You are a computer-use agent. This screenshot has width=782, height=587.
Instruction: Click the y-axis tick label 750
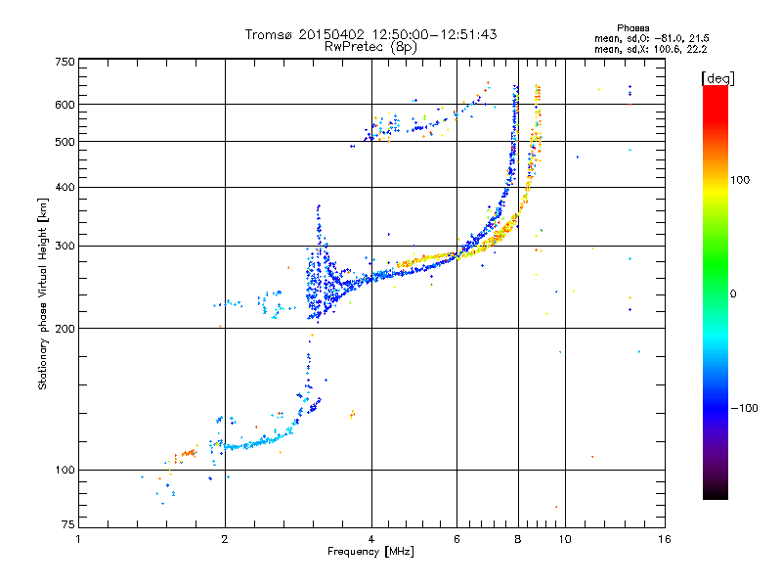(x=65, y=61)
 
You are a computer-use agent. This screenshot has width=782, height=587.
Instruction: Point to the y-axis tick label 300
(x=65, y=246)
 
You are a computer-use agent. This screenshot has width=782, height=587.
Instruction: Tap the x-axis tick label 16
(x=664, y=539)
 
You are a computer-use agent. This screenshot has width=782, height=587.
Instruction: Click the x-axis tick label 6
(x=456, y=539)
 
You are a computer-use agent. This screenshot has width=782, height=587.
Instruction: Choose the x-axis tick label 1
(x=78, y=539)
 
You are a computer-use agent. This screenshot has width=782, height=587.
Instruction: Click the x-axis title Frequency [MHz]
(x=370, y=552)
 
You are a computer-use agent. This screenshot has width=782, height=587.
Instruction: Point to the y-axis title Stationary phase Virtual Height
(x=43, y=293)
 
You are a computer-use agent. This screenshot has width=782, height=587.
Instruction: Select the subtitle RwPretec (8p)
(x=371, y=46)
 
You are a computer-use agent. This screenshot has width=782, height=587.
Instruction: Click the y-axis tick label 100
(x=65, y=470)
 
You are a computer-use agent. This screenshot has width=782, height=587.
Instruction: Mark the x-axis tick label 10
(x=564, y=539)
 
